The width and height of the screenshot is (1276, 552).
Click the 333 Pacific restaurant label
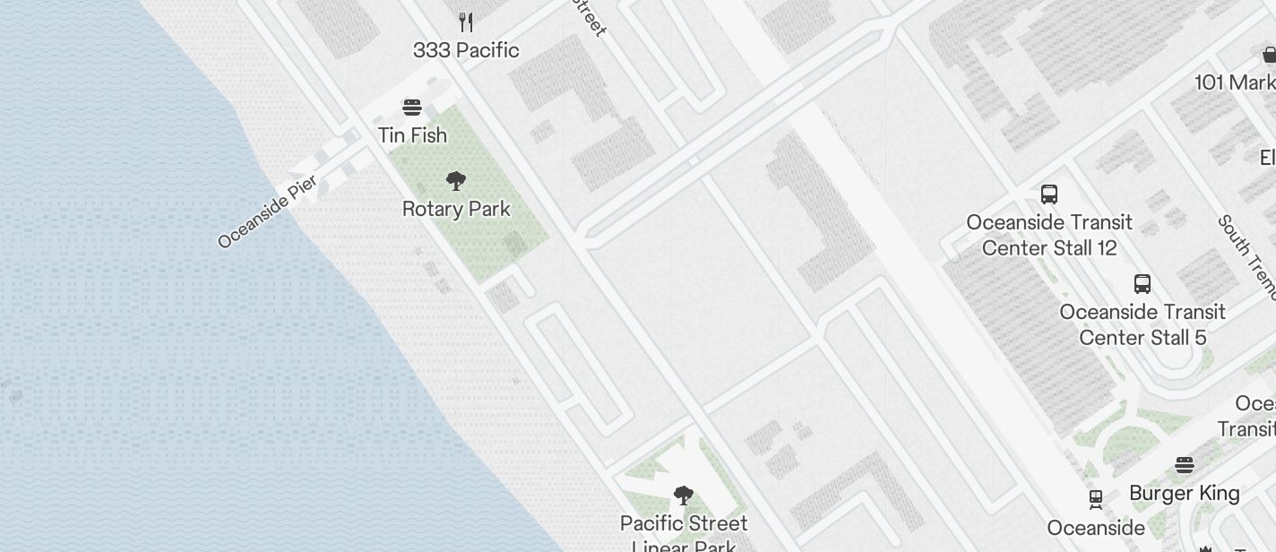coord(466,50)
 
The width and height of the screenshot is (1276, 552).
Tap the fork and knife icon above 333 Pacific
coord(465,21)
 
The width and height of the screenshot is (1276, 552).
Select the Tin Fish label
coord(412,135)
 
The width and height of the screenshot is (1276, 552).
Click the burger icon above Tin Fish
coord(412,108)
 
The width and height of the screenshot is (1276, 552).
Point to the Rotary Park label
coord(456,210)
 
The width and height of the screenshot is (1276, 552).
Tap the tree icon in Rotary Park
coord(456,181)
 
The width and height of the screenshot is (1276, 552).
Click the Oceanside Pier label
coord(267,212)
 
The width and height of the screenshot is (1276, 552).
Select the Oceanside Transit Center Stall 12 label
coord(1049,235)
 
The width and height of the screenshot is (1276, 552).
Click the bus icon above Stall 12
coord(1049,194)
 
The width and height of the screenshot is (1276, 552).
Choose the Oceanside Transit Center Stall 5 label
coord(1142,324)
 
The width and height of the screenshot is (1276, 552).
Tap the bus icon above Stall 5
coord(1142,284)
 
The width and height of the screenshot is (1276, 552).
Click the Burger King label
coord(1185,494)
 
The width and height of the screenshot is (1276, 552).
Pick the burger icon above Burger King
coord(1185,465)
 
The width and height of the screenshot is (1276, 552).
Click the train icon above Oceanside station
coord(1095,498)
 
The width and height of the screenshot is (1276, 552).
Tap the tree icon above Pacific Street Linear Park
coord(684,495)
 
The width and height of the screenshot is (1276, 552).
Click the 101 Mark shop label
coord(1236,83)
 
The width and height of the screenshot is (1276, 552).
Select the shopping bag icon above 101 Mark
coord(1269,56)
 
